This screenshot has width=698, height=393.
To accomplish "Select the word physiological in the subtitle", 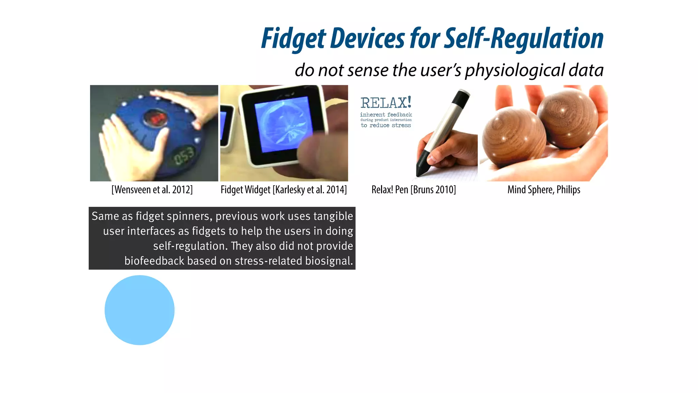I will coord(515,70).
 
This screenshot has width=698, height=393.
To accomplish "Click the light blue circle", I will coord(139,310).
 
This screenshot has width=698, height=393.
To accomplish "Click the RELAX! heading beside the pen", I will coord(386,103).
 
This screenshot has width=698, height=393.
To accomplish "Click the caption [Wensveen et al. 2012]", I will coord(152,190).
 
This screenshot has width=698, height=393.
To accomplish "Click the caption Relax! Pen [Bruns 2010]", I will coord(413,190).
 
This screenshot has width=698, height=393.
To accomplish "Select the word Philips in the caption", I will coord(568,190).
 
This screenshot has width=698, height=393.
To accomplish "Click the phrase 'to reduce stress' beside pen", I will coord(386,126).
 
